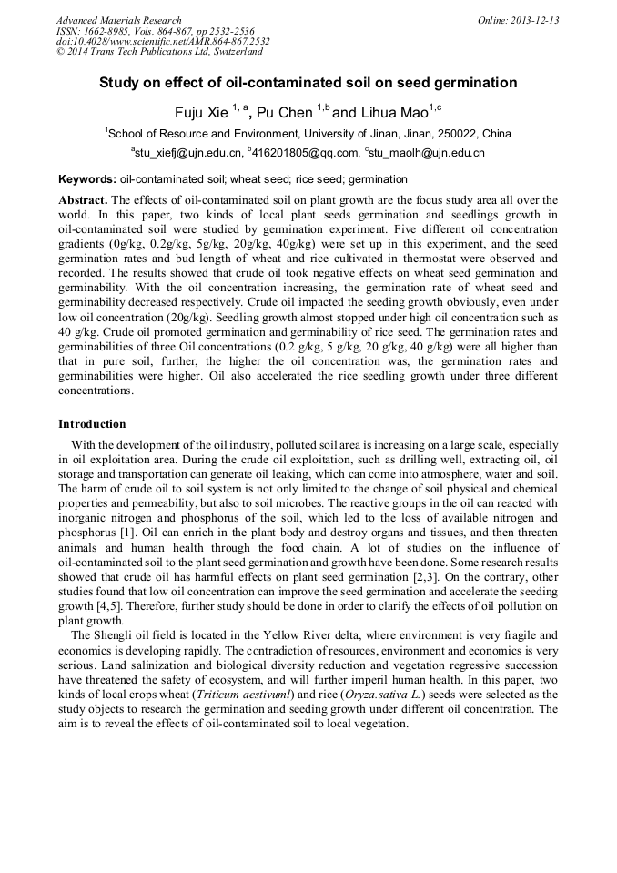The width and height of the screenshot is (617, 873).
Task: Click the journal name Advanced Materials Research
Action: click(x=118, y=20)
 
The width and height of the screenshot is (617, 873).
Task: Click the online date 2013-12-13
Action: click(x=518, y=20)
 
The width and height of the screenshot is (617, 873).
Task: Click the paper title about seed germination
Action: click(x=308, y=83)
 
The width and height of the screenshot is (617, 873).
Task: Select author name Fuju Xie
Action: click(x=201, y=113)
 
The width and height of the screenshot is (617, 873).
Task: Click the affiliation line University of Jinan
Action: click(x=308, y=133)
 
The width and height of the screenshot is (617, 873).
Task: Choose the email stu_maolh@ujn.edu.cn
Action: click(x=428, y=153)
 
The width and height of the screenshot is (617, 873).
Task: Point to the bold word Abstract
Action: click(x=83, y=199)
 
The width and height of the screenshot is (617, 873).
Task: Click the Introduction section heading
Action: click(x=92, y=424)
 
